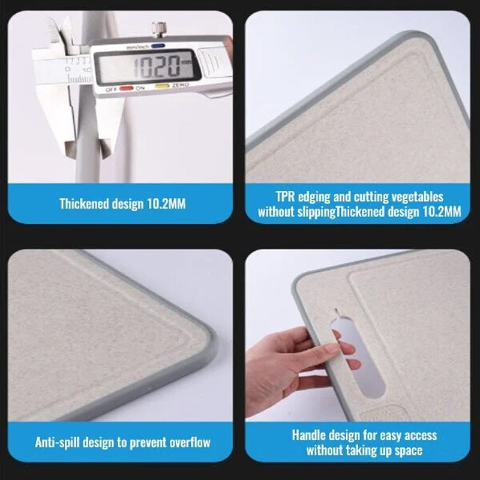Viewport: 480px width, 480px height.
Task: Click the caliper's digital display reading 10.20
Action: coord(147,67)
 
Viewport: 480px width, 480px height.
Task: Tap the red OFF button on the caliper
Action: coord(126,88)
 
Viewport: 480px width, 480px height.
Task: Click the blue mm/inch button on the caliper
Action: coord(158,46)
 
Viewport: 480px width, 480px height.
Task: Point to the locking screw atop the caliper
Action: coord(159,29)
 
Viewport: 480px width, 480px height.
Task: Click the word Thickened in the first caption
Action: coord(85,204)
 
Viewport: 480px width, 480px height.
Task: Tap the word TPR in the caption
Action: coord(285,197)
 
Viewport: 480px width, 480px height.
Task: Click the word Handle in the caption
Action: coord(308,435)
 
